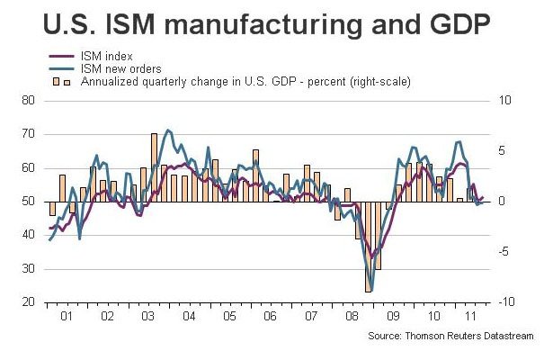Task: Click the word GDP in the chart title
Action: point(454,23)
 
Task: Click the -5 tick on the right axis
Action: point(505,252)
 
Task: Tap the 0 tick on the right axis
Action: point(504,202)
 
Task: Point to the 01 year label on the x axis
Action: point(66,318)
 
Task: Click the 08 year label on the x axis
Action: point(352,318)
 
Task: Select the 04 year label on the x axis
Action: point(188,318)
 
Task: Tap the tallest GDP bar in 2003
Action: point(154,167)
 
